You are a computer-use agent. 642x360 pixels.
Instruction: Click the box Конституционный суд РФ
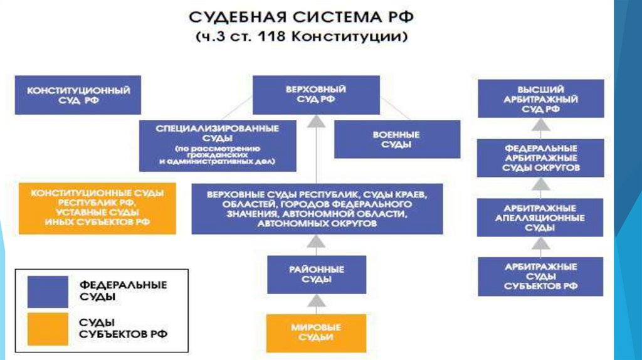(x=78, y=95)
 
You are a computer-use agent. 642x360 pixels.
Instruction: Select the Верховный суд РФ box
(x=317, y=95)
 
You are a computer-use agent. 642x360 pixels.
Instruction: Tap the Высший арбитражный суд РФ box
(x=540, y=98)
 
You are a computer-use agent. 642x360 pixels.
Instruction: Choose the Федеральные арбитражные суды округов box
(x=540, y=157)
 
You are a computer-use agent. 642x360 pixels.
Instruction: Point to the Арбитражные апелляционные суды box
(x=540, y=217)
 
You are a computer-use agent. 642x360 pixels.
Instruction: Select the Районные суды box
(x=317, y=275)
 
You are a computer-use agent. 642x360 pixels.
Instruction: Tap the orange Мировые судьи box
(x=317, y=332)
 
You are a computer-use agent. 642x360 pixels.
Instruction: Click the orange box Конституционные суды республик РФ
(x=97, y=208)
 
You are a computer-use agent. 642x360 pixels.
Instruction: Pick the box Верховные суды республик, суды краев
(x=317, y=208)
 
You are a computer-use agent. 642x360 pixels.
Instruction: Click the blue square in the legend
(x=48, y=292)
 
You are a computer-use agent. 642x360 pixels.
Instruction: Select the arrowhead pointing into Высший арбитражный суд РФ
(x=540, y=124)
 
